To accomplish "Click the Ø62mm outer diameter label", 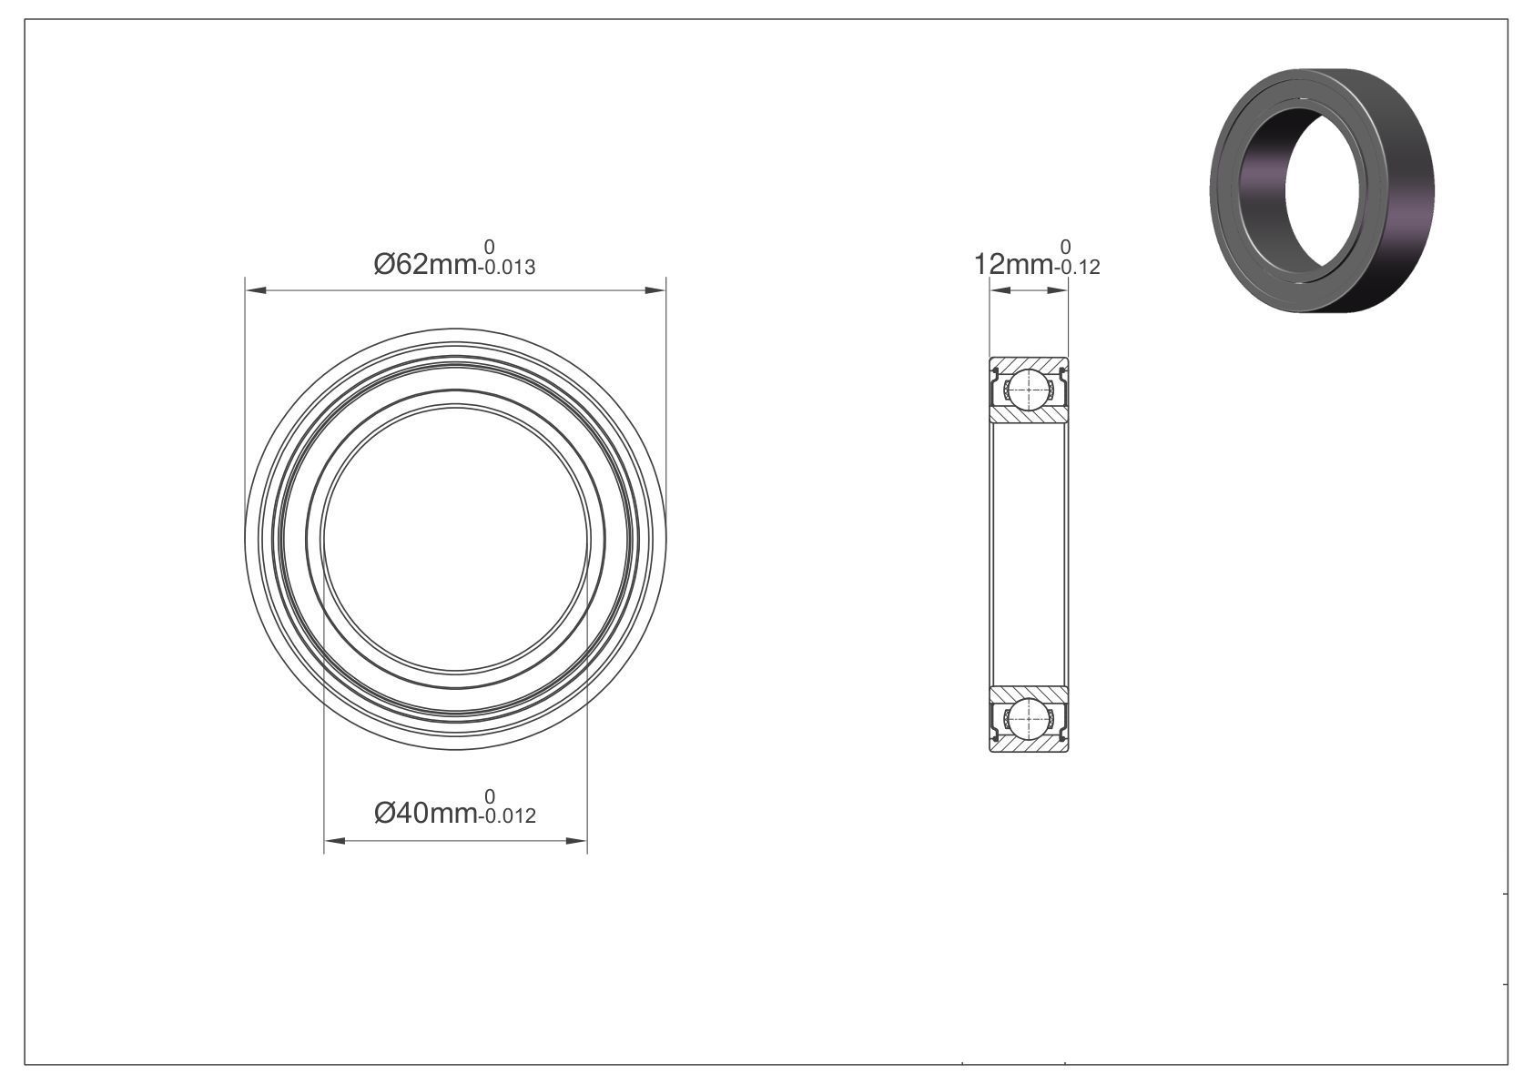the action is coord(425,265).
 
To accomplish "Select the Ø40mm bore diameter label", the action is coord(425,814).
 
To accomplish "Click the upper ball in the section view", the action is coord(1029,390).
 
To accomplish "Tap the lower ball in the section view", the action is coord(1029,718).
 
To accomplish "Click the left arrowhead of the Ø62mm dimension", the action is coord(256,291).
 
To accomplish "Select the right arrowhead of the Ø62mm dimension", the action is coord(655,291).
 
